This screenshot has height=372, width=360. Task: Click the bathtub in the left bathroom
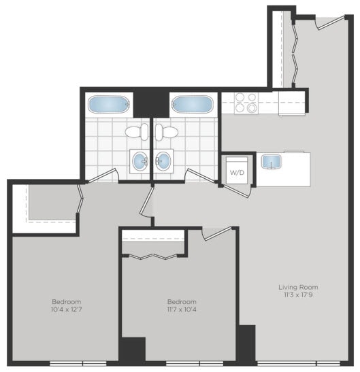(109, 105)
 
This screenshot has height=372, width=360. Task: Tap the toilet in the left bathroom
(134, 131)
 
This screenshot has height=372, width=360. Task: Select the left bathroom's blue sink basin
(140, 161)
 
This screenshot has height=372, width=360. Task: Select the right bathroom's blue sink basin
(163, 161)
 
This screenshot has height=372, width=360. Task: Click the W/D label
(237, 172)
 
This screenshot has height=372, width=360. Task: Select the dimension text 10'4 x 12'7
(67, 309)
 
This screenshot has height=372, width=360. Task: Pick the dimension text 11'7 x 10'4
(182, 309)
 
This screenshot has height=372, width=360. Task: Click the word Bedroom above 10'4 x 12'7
(67, 301)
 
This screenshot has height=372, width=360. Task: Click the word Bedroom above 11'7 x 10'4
(182, 301)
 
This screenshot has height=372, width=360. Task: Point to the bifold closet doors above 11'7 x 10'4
(153, 257)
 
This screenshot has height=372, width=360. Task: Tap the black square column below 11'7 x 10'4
(132, 352)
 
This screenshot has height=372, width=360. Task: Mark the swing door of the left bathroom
(101, 177)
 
